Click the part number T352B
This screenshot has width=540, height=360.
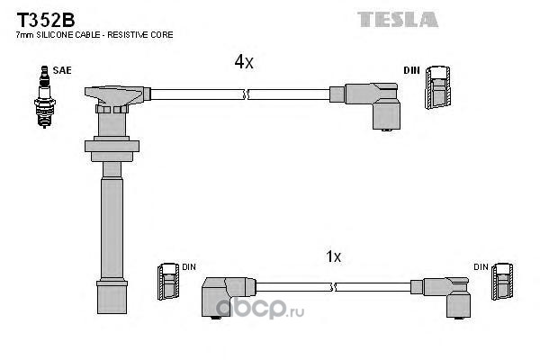[46, 20]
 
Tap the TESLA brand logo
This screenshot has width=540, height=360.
[398, 19]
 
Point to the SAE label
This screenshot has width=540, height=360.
[62, 70]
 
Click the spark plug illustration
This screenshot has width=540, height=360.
[44, 97]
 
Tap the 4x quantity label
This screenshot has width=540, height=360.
[244, 62]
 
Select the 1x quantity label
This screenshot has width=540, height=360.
[333, 256]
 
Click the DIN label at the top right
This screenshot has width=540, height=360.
[411, 70]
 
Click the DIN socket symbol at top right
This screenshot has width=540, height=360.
[437, 87]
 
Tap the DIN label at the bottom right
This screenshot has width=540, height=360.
[481, 267]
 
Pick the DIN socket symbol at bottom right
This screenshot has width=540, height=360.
[503, 282]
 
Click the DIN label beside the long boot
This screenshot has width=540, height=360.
[189, 267]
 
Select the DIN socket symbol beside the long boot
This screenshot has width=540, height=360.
[168, 282]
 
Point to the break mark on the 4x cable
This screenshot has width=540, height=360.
[246, 94]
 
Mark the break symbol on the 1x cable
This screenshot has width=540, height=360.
[333, 287]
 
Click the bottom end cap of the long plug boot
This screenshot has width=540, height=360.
[112, 297]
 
